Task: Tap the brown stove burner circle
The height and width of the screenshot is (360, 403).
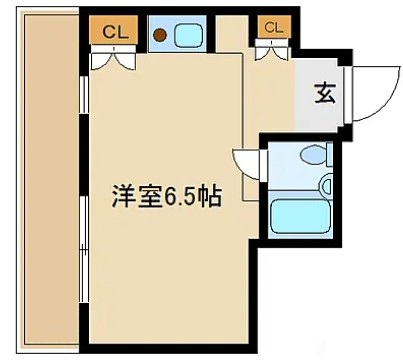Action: coord(159,34)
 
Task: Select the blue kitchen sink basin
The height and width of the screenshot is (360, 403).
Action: coord(187,34)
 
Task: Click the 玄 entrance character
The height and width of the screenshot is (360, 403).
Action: coord(325,94)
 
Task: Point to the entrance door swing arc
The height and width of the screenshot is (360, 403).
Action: coord(372,95)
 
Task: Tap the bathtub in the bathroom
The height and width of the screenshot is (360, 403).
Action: coord(300,213)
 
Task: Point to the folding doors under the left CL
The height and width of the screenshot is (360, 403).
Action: coord(113,57)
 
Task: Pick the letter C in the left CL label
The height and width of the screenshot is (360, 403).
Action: coord(108,32)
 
